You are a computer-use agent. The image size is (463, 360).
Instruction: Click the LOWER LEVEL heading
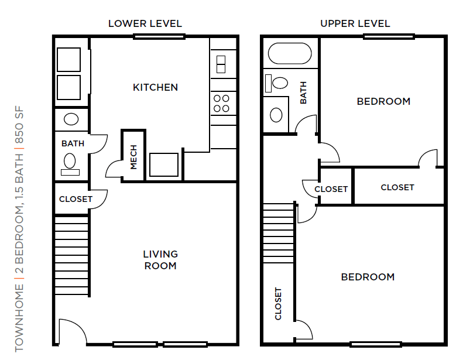click(x=145, y=24)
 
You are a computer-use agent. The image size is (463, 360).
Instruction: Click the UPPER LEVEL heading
click(x=355, y=24)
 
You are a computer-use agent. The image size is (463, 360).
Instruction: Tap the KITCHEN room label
click(x=155, y=87)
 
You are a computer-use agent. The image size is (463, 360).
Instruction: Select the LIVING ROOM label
click(x=160, y=260)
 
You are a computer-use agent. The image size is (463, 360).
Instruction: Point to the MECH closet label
click(x=133, y=157)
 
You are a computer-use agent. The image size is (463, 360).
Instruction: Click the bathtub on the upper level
click(x=289, y=54)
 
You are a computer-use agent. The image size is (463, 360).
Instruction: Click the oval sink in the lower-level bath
click(x=71, y=119)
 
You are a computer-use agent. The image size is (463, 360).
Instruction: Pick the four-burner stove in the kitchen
click(x=221, y=104)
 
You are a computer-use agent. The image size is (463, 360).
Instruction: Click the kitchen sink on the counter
click(x=221, y=63)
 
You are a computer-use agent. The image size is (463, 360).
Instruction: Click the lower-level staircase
click(x=71, y=255)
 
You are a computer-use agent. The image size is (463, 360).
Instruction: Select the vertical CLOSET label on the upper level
click(x=278, y=304)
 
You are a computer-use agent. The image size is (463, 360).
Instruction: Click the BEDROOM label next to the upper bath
click(x=383, y=101)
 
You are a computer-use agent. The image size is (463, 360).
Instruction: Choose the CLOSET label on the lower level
click(x=76, y=199)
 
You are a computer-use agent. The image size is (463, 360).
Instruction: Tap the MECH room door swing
click(x=114, y=169)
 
